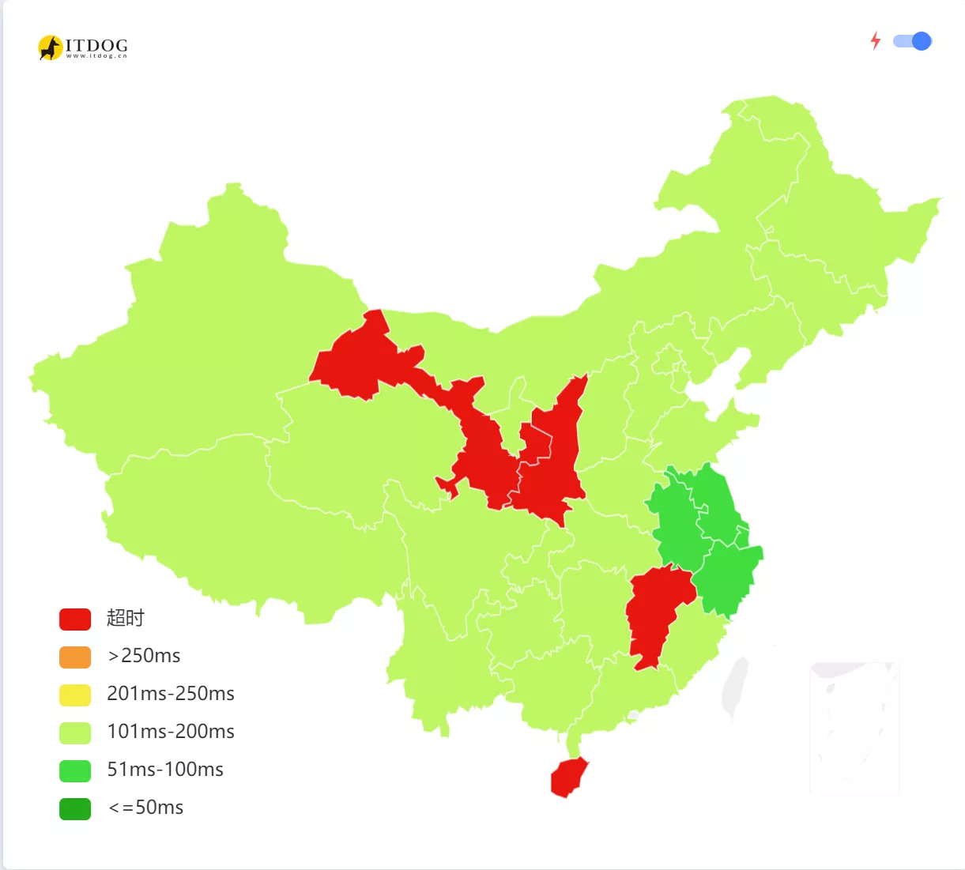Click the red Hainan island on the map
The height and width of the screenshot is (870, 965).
(x=567, y=778)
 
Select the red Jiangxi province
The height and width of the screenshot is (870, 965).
(x=654, y=612)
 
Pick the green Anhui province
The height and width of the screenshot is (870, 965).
(x=674, y=522)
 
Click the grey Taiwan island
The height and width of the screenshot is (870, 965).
(x=735, y=687)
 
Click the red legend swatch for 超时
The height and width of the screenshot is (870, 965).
(x=75, y=619)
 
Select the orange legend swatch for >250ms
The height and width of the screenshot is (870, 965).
(x=75, y=657)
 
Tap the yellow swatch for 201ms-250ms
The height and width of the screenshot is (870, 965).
(x=75, y=695)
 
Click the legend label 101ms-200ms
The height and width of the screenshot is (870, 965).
(x=171, y=732)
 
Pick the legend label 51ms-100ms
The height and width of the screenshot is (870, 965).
(x=165, y=770)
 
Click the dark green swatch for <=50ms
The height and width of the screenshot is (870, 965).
(x=75, y=808)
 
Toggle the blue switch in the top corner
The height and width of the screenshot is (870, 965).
(x=913, y=41)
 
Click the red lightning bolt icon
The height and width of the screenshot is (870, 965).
(x=876, y=41)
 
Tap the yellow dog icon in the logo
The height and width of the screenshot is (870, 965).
(x=50, y=47)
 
